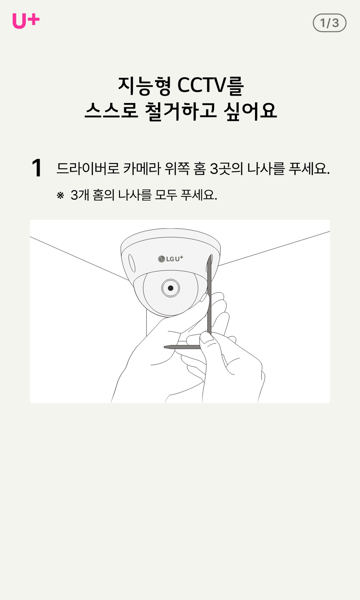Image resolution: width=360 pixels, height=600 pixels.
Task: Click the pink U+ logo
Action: [26, 21]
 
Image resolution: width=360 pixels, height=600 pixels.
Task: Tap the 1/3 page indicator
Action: [329, 23]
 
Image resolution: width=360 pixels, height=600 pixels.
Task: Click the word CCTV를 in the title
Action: [211, 85]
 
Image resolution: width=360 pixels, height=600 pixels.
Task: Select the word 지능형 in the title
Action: [144, 86]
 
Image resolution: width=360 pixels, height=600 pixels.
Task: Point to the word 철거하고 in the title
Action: [181, 111]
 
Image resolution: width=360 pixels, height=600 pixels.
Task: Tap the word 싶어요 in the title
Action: [250, 111]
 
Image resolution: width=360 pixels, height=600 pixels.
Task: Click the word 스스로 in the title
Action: [111, 111]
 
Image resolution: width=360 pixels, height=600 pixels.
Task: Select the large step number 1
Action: [37, 168]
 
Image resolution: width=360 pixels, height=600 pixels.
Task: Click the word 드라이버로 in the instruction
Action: [88, 168]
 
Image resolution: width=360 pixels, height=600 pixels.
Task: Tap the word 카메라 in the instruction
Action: [142, 168]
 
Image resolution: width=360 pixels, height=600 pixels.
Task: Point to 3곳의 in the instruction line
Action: [226, 168]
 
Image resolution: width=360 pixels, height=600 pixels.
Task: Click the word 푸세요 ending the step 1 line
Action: [309, 168]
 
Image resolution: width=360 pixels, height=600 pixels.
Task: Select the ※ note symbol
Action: [60, 195]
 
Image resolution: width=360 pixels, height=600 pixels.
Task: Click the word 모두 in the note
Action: [166, 195]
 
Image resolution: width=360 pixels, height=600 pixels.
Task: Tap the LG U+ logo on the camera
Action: [171, 259]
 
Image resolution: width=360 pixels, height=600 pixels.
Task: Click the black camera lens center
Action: [171, 288]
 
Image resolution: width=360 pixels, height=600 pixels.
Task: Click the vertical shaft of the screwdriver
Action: [209, 295]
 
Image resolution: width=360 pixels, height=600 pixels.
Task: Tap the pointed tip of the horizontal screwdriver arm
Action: [164, 347]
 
